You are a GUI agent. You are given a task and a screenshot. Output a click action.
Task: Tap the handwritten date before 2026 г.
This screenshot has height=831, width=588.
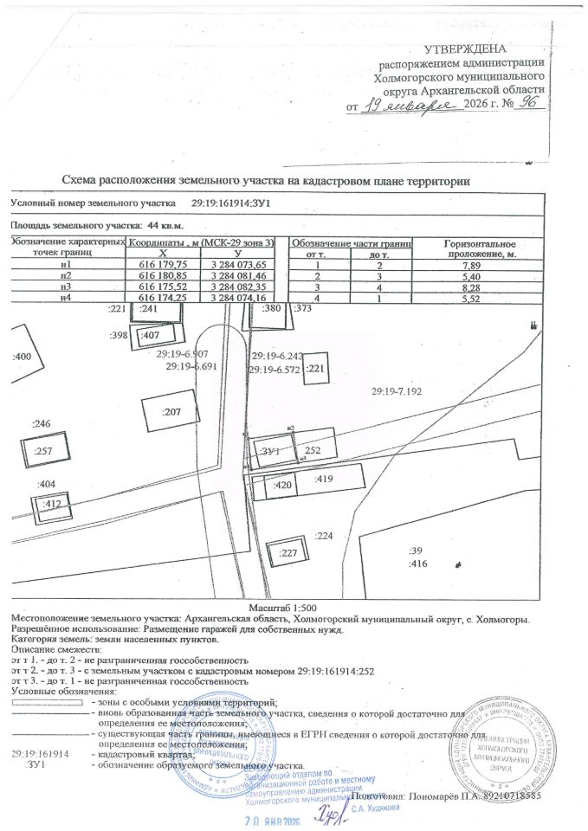click(410, 104)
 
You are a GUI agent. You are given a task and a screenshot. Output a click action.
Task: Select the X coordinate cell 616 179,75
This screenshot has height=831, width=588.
click(164, 264)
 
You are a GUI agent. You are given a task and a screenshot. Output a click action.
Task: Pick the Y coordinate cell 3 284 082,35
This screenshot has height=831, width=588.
click(243, 286)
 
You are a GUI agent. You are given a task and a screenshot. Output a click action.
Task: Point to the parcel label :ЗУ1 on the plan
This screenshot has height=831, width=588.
click(271, 452)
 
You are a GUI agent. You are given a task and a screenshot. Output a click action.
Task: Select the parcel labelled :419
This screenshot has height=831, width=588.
click(326, 478)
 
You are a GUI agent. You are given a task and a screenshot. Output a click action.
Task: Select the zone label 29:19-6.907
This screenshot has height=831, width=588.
click(183, 355)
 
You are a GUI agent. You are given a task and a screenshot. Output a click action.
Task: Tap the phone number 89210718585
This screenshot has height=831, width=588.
click(509, 795)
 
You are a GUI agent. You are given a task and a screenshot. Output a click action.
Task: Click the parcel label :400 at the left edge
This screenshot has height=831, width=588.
click(22, 357)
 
